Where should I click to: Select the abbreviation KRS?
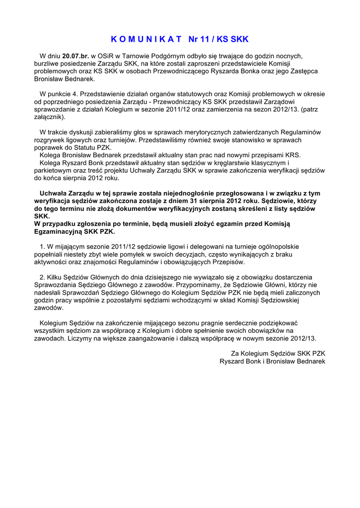click(291, 155)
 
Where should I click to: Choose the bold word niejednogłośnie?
click(170, 193)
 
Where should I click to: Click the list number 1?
click(42, 247)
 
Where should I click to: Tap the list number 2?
click(42, 277)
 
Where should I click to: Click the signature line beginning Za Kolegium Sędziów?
click(278, 353)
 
